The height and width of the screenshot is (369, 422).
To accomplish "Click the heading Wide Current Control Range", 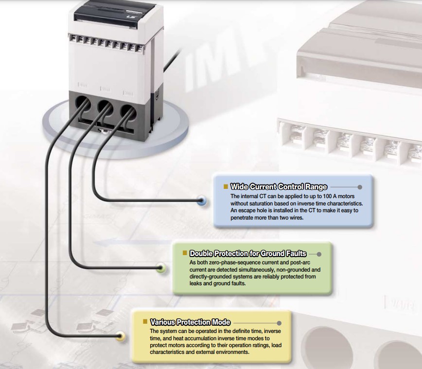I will [279, 186].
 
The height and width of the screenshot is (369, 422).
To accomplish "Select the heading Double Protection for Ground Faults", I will [248, 254].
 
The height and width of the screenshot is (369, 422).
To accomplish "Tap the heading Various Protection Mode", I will [190, 322].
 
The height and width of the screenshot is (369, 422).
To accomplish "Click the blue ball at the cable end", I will [202, 200].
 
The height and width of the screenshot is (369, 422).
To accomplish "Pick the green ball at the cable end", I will [162, 267].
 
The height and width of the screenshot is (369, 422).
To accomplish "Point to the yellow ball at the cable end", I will [121, 336].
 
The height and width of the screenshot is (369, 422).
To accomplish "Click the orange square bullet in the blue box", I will [226, 186].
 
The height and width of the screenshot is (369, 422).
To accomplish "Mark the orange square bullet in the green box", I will [185, 253].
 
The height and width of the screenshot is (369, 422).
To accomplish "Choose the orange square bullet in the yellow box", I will [145, 322].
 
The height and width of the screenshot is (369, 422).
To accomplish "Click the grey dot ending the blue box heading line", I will [360, 186].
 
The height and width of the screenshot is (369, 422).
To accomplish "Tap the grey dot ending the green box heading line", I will [319, 254].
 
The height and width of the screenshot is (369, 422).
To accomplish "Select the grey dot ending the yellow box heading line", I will [279, 322].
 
